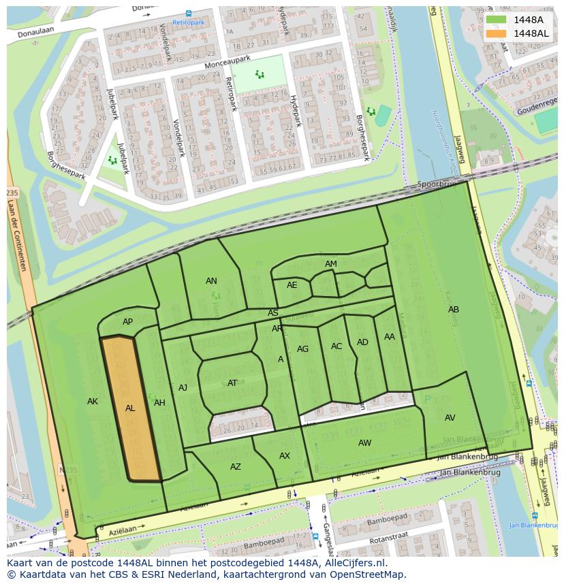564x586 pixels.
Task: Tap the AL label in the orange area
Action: pyautogui.click(x=130, y=408)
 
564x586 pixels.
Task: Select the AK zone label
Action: pyautogui.click(x=93, y=402)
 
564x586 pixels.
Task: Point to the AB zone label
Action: pyautogui.click(x=454, y=310)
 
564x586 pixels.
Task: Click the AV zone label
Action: pyautogui.click(x=450, y=418)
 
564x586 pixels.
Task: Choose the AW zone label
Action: pyautogui.click(x=365, y=443)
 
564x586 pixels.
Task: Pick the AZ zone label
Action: pyautogui.click(x=236, y=467)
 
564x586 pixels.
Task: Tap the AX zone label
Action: pyautogui.click(x=285, y=456)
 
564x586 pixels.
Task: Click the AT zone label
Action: pyautogui.click(x=232, y=383)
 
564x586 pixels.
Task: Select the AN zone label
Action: pyautogui.click(x=211, y=281)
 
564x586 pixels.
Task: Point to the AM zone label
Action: pyautogui.click(x=331, y=264)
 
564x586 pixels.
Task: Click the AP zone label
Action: pyautogui.click(x=127, y=322)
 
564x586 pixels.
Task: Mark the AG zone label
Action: pyautogui.click(x=302, y=349)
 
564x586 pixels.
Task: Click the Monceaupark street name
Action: pyautogui.click(x=227, y=63)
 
